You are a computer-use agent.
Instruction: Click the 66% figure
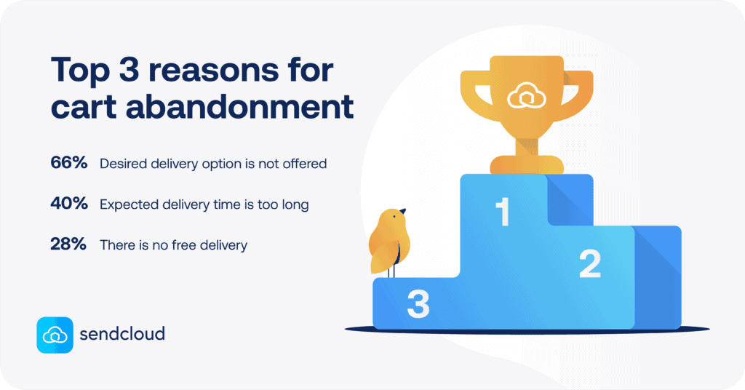pos(68,164)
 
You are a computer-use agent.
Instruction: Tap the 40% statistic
pos(68,204)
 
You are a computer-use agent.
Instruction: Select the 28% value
pos(68,245)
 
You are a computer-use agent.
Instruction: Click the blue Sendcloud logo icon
pos(55,335)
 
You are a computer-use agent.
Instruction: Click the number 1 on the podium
pos(502,213)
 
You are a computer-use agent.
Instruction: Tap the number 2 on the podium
pos(589,265)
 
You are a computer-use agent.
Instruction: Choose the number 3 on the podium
pos(418,304)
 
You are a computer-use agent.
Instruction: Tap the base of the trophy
pos(526,164)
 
